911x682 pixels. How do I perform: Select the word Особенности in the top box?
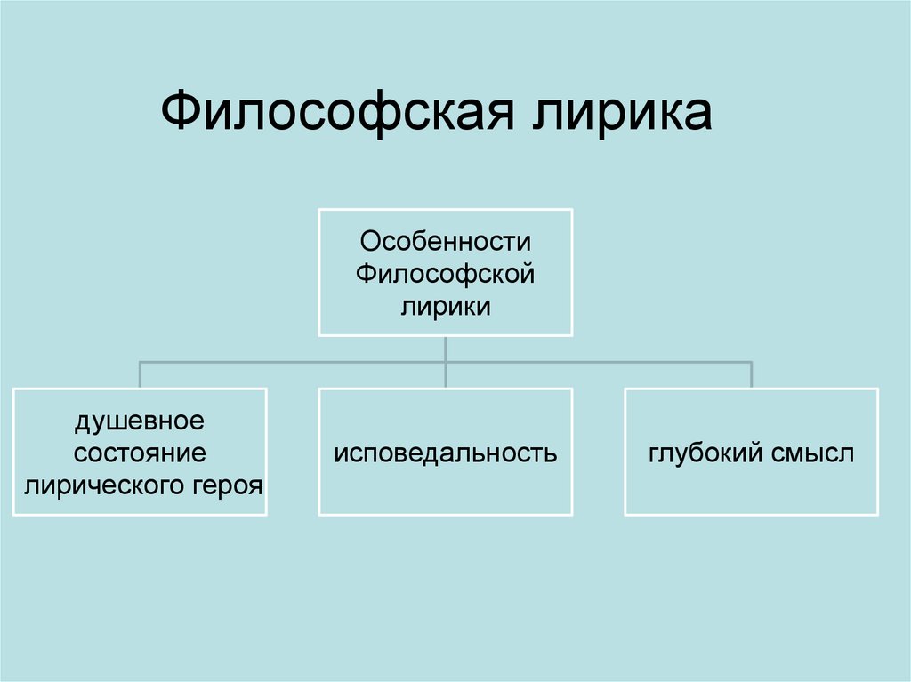tap(445, 243)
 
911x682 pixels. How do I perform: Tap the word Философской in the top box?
tap(445, 275)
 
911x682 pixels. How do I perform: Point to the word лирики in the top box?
tap(445, 307)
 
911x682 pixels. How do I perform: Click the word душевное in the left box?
tap(140, 421)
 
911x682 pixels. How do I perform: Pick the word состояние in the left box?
tap(140, 453)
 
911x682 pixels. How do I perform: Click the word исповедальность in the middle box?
tap(445, 453)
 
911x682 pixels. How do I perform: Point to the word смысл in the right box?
tap(814, 453)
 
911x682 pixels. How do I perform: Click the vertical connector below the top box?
tap(445, 349)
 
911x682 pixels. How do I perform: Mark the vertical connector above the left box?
tap(140, 374)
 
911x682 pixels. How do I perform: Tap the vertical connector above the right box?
tap(752, 374)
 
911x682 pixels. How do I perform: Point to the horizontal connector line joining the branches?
tap(294, 362)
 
